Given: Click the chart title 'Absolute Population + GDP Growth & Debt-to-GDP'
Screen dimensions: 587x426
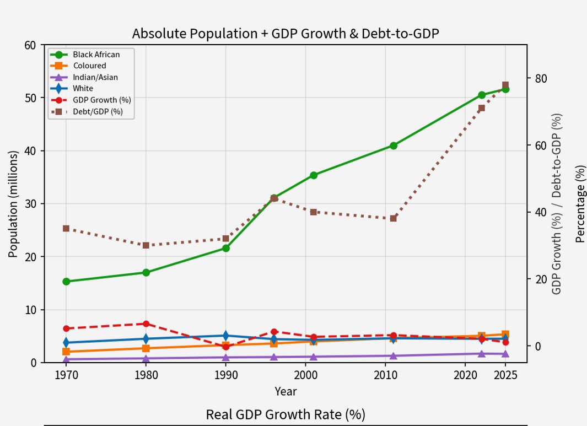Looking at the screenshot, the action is click(286, 34).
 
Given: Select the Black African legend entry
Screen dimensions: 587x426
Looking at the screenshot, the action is click(85, 55).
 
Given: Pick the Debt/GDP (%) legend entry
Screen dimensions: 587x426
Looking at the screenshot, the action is click(87, 111).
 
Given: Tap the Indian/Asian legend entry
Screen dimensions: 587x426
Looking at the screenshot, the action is click(84, 78).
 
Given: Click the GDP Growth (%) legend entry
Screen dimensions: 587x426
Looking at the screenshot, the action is click(90, 100).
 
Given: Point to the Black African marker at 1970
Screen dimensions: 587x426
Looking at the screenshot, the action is click(66, 282).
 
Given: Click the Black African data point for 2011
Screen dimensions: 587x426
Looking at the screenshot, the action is click(394, 145).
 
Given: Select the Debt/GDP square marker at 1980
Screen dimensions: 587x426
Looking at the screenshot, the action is click(146, 246).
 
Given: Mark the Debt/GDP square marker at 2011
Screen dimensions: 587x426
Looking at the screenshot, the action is click(394, 218).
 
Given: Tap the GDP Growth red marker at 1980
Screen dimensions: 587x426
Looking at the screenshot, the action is click(146, 324).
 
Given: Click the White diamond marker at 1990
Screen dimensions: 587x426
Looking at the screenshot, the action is click(226, 336).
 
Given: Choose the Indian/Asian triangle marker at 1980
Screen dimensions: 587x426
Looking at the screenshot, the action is click(146, 358).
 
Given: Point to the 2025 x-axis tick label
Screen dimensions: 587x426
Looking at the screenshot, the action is click(505, 375).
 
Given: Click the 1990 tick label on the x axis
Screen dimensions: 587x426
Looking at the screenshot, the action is click(226, 375).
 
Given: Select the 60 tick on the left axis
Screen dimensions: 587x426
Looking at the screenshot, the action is click(30, 45).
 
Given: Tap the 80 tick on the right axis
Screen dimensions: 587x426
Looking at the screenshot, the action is click(541, 79).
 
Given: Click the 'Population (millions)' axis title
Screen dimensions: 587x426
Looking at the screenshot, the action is click(13, 204).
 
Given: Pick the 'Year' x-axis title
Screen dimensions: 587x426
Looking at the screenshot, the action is click(286, 392).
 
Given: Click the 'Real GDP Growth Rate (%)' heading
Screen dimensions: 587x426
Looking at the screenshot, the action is click(286, 415).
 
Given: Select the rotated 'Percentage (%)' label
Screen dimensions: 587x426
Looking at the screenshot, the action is click(580, 204).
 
